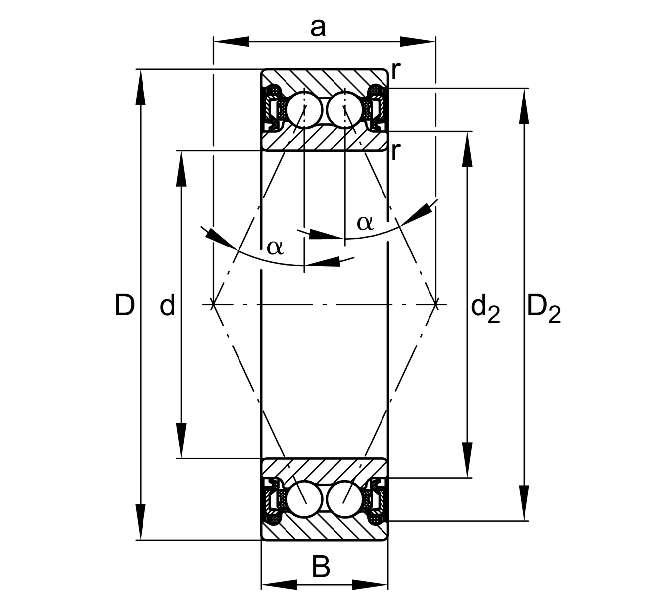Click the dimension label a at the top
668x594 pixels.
pos(318,28)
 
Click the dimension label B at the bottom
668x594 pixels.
pos(321,566)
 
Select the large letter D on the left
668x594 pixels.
pos(124,305)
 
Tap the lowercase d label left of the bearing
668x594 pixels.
pos(167,305)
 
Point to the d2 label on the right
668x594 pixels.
pos(485,308)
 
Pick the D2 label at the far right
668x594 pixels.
pos(543,308)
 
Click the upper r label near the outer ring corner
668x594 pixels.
pos(395,71)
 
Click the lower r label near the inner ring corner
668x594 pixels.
pos(394,151)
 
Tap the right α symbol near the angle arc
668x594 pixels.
pos(365,223)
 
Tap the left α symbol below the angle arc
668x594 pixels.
pos(275,246)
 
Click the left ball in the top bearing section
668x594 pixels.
pos(303,109)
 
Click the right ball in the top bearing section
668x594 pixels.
pos(344,109)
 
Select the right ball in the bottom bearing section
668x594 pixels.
pos(344,499)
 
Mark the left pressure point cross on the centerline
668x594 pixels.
pos(213,304)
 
